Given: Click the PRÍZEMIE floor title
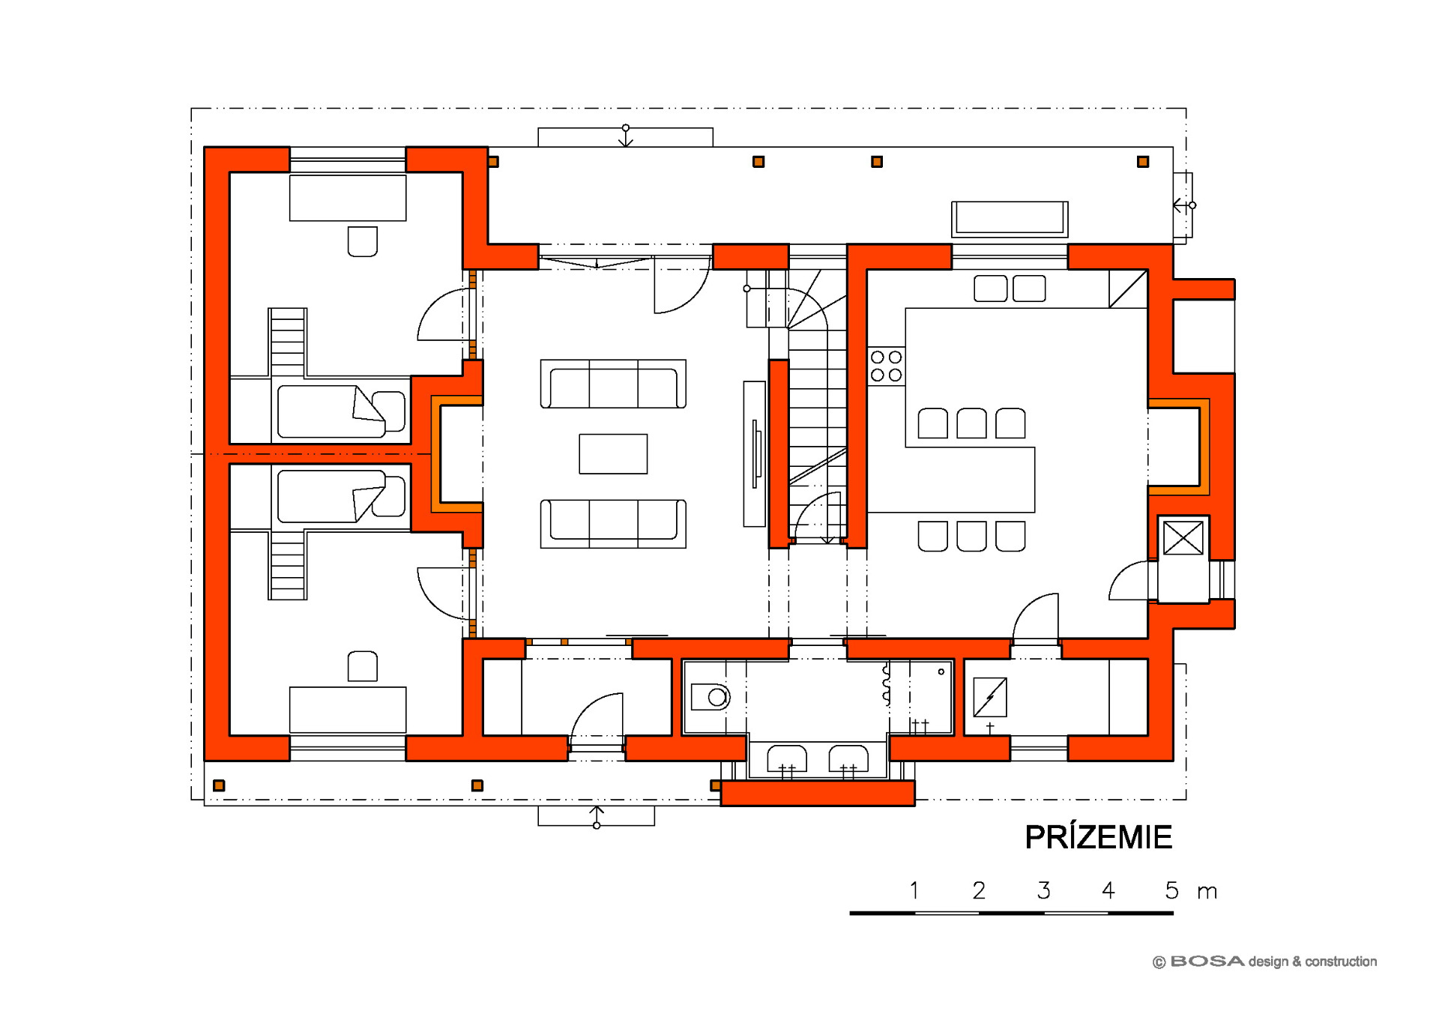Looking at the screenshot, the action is coord(1098,836).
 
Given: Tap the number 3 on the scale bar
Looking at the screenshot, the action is coord(1043,890).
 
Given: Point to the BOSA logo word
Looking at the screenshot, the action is coord(1207,961).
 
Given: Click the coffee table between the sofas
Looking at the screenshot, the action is coord(613,453).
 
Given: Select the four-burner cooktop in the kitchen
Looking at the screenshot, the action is coord(886,366).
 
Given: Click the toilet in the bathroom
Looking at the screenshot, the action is coord(710,697).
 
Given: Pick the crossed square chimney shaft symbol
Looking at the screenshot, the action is coord(1183,538).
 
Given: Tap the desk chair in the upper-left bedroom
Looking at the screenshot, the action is coord(363,241).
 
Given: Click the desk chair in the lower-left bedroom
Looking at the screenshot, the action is coord(363,666).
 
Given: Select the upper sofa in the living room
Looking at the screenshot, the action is coord(613,384).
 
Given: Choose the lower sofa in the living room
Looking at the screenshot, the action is coord(613,524).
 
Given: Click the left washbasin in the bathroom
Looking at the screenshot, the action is coord(787,758).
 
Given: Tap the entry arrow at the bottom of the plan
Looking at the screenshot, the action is coord(597,816).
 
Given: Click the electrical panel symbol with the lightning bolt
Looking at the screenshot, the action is coord(989,697).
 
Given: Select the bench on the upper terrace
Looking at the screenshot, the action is coord(1010,220).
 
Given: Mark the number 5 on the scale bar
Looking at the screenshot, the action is coord(1171,890).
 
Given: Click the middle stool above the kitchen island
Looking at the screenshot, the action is coord(971,423).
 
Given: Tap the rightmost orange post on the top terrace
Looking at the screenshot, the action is coord(1143,162).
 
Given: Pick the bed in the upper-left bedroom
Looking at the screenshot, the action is coord(341,411).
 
